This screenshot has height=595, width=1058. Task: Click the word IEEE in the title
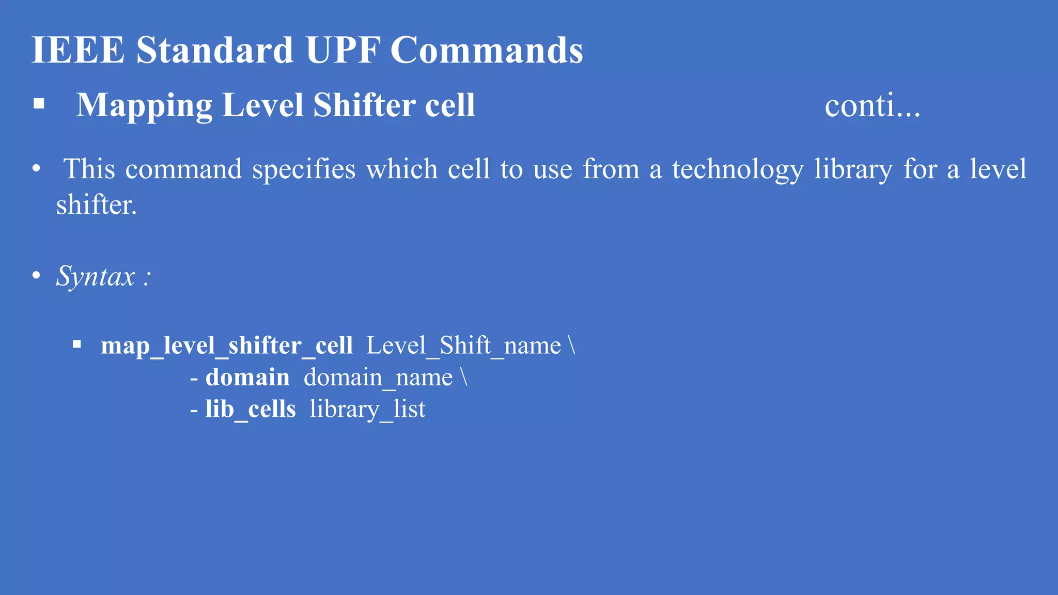tap(78, 50)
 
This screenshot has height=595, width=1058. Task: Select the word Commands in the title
tap(486, 50)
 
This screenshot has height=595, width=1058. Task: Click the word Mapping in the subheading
tap(144, 106)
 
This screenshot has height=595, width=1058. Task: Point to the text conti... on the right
tap(872, 106)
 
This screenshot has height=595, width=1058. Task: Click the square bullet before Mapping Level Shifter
tap(39, 104)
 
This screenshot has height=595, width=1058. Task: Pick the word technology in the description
tap(737, 170)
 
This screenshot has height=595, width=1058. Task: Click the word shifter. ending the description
tap(97, 205)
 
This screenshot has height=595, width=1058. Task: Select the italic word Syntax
tap(96, 276)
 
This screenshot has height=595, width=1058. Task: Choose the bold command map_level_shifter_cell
tap(227, 346)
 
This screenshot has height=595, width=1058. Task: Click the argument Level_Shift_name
tap(463, 346)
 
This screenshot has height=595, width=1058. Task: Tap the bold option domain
tap(247, 378)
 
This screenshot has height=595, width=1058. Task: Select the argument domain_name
tap(378, 378)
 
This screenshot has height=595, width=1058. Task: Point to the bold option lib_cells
tap(251, 410)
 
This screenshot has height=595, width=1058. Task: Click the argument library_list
tap(367, 410)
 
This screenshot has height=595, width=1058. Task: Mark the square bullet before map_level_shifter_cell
tap(77, 344)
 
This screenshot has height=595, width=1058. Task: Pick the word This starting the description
tap(89, 169)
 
